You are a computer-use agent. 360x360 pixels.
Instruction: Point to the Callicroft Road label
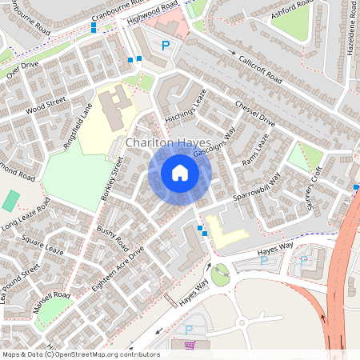(x=260, y=70)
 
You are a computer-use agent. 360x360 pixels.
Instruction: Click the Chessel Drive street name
(x=255, y=114)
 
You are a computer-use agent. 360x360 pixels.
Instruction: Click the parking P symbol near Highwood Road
(x=166, y=46)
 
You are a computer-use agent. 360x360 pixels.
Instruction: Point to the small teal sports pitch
(x=11, y=200)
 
